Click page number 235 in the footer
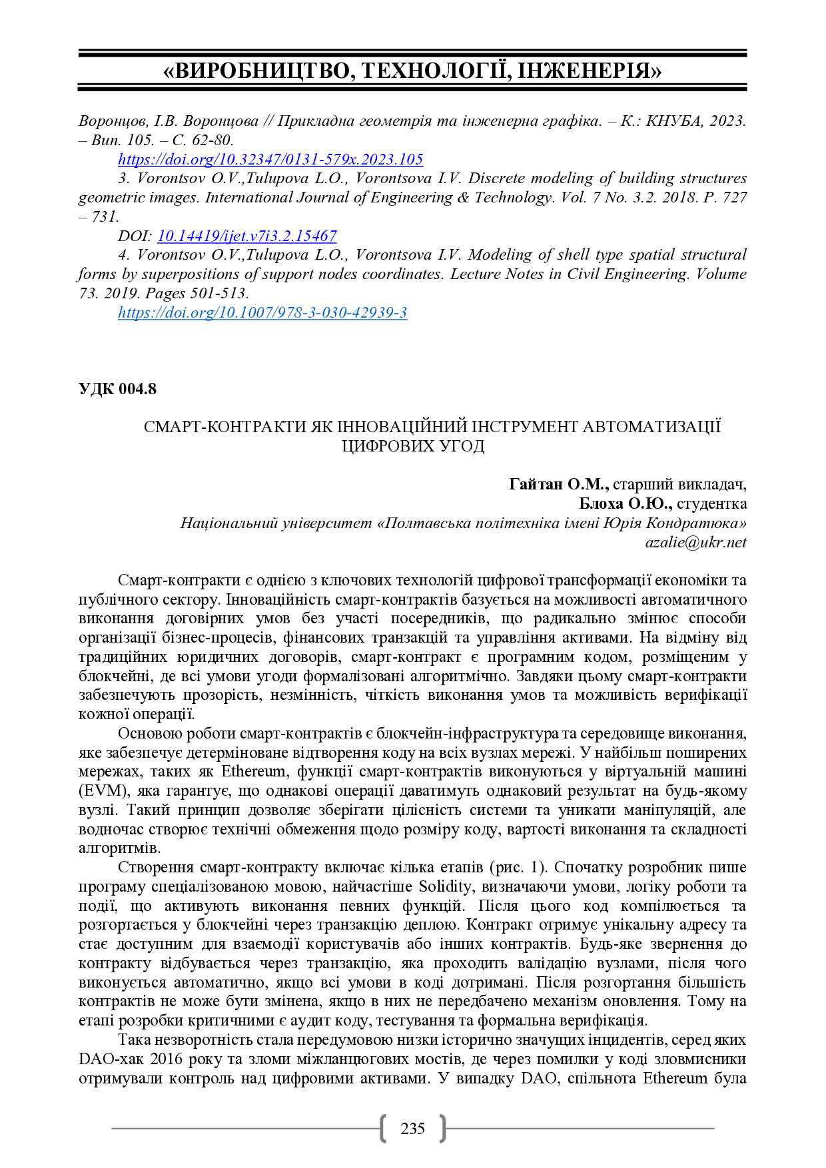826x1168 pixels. [412, 1128]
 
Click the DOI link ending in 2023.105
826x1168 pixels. [270, 159]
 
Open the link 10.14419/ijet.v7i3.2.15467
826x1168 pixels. [246, 236]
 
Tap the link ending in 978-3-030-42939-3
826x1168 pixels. [262, 312]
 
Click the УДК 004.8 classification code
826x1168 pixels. [117, 389]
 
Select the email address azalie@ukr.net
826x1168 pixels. [695, 542]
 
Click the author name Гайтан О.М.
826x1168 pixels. [558, 484]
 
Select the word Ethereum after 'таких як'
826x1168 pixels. [253, 772]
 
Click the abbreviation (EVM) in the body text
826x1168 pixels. [103, 791]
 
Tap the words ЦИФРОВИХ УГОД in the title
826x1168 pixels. [413, 446]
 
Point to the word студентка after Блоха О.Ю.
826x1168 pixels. [712, 503]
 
